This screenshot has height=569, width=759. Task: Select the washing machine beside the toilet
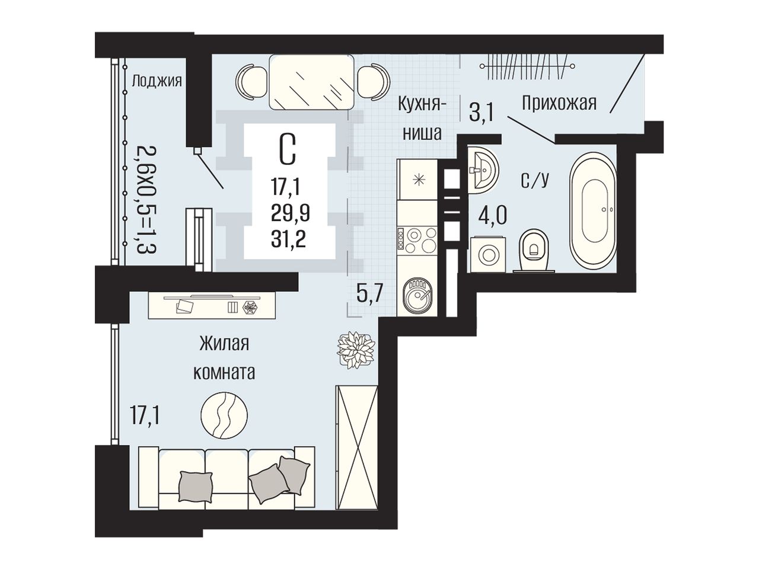[487, 254]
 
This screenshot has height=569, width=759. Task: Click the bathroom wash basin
[483, 170]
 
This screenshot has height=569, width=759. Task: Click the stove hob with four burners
[417, 239]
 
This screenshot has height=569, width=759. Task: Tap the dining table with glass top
[312, 82]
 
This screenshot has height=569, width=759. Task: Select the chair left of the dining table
[251, 82]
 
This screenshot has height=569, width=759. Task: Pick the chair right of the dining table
[374, 82]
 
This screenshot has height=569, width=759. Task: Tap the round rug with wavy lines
[224, 415]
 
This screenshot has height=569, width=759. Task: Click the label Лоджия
[157, 82]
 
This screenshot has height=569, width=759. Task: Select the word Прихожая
[559, 103]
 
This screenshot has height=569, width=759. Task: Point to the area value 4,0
[493, 216]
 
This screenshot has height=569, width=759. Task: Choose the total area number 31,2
[288, 240]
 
